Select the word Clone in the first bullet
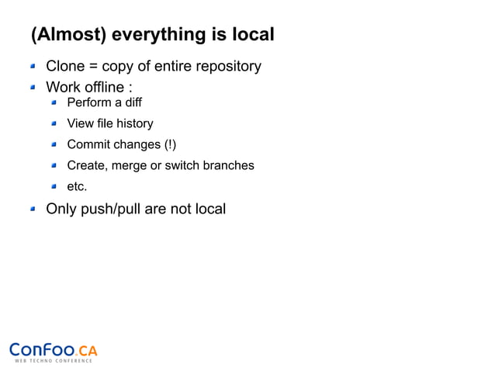tap(65, 66)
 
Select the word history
tap(135, 123)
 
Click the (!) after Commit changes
tap(170, 144)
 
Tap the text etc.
tap(77, 186)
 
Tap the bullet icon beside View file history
tap(55, 123)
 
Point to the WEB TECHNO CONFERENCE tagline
tap(54, 361)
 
